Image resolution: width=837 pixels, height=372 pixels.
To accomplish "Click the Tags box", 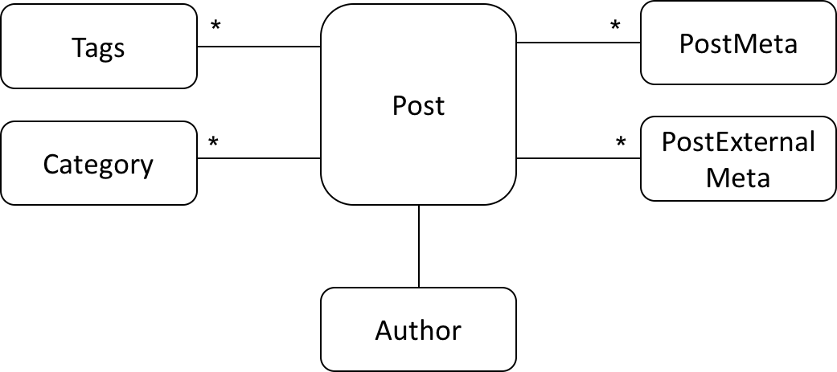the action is pos(99,46).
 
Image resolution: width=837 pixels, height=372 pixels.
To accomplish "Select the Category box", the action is pos(99,163).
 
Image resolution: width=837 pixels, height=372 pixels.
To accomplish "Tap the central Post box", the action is pos(418,104).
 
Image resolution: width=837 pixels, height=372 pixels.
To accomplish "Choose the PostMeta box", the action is pos(738,43).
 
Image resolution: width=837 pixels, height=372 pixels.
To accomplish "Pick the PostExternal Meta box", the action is pos(738,158).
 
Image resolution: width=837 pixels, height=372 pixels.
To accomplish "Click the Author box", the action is pos(418,329).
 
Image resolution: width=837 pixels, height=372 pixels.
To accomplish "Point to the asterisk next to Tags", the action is pos(215,27).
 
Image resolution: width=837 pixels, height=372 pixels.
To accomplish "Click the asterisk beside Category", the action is pos(214,143).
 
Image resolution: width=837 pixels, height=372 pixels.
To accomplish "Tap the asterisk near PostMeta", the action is pos(615,25).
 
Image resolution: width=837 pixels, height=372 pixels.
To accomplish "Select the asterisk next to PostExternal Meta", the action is pos(620,142).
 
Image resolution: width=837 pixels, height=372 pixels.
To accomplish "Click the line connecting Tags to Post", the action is pos(259,47).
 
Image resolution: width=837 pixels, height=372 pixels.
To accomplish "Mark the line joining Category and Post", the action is pos(259,158).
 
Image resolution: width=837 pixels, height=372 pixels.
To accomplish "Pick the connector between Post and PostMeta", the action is pos(578,42).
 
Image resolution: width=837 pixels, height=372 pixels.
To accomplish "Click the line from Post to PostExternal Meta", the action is pos(578,158).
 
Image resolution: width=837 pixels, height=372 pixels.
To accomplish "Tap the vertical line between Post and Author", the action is pos(418,246).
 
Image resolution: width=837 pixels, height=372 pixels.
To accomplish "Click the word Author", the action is pos(418,330).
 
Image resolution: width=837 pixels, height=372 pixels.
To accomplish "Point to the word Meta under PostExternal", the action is pos(738,178).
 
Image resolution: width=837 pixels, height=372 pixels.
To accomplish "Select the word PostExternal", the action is pos(738,142).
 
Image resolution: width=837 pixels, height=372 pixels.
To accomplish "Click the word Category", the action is pos(98,166).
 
